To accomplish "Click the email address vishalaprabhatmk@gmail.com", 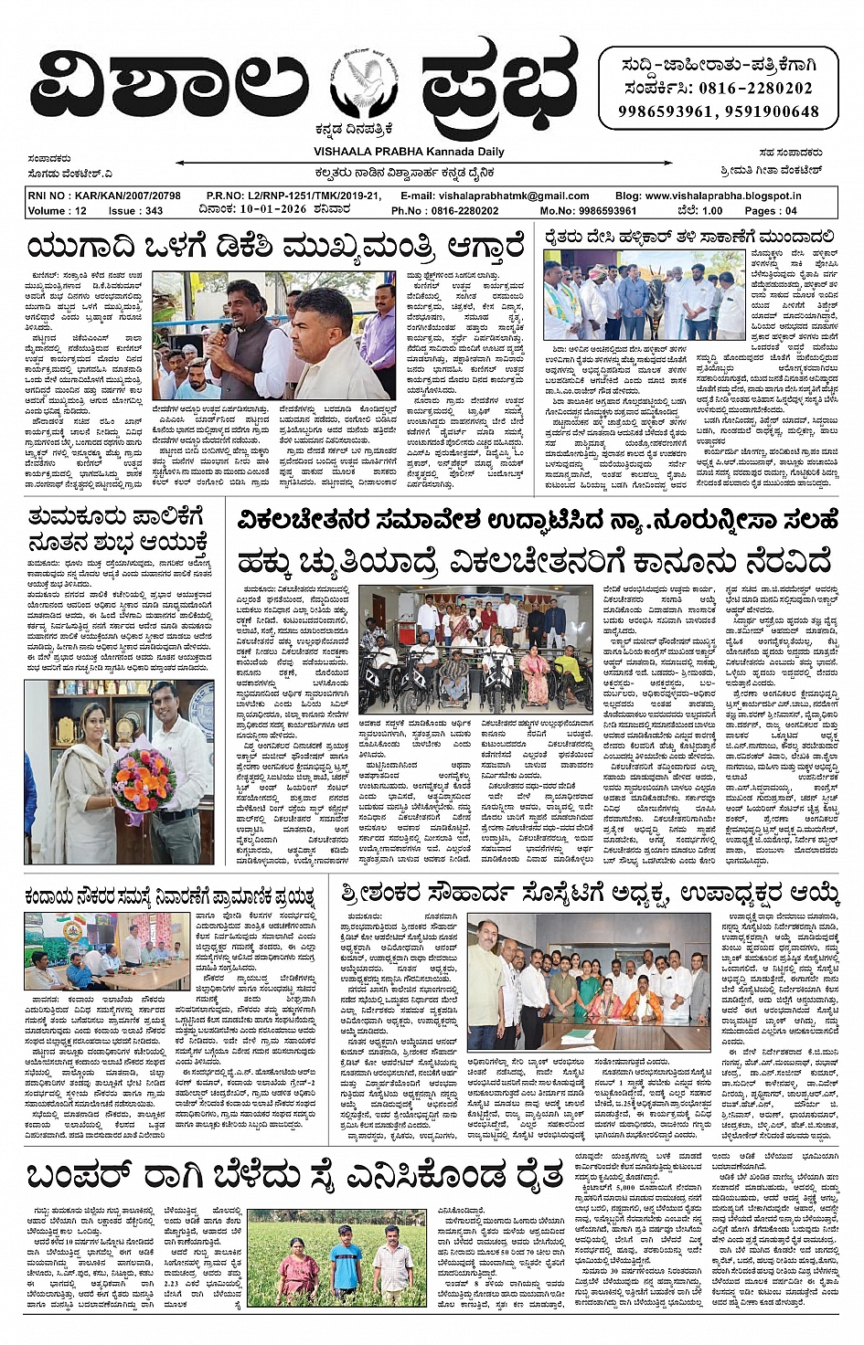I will (513, 196).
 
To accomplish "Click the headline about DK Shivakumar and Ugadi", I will (275, 247).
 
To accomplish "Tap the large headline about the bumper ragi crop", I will (293, 1175).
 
